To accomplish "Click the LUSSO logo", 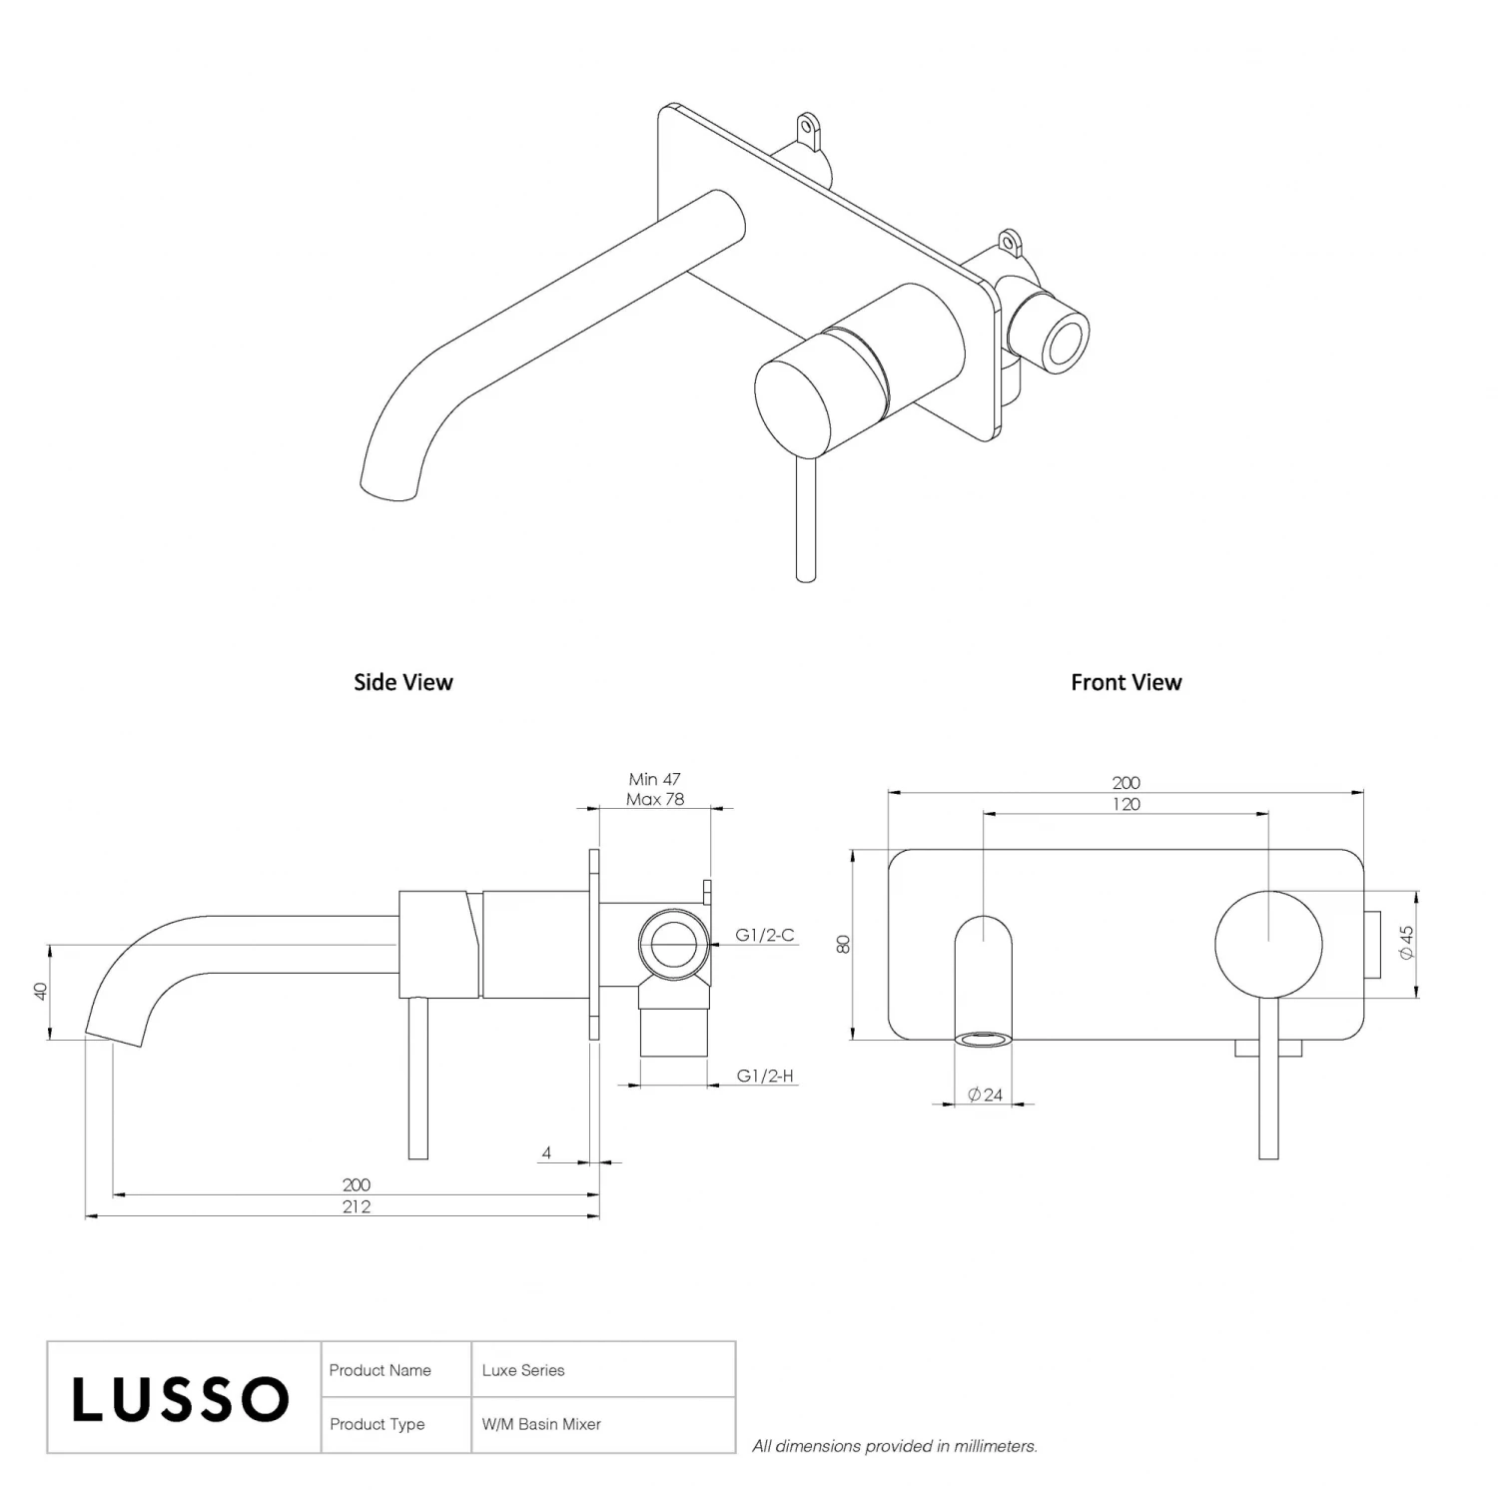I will (x=181, y=1398).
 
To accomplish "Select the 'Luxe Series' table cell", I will (x=522, y=1370).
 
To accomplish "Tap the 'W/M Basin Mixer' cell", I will (x=540, y=1424).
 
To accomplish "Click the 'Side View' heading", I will (x=402, y=682).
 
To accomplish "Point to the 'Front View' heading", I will (x=1125, y=682).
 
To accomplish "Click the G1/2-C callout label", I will (x=764, y=935).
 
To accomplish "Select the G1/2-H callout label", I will (x=764, y=1076).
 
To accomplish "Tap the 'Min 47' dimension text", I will (x=654, y=779).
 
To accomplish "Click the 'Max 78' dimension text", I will (x=654, y=799).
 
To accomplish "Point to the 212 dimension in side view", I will (x=356, y=1206).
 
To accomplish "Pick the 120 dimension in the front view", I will (x=1125, y=804).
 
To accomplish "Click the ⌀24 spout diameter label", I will (x=985, y=1095).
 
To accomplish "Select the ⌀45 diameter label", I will (x=1406, y=943).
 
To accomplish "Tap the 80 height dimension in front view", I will (x=844, y=944).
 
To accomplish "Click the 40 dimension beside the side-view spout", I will (x=41, y=991).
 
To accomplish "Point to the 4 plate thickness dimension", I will (x=546, y=1152).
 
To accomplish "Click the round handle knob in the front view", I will (x=1268, y=944).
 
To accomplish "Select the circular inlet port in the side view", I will (x=674, y=943).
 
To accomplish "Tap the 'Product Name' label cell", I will (x=379, y=1370).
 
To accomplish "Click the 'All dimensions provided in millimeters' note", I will (x=894, y=1445).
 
